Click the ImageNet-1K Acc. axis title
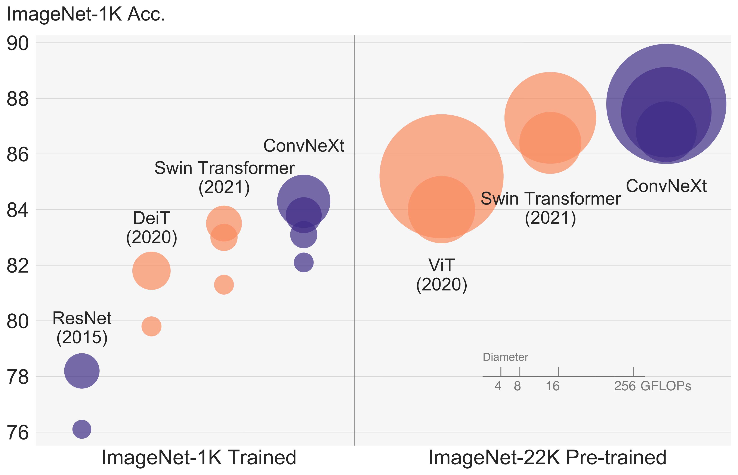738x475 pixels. tap(86, 14)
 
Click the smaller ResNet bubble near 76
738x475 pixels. tap(82, 429)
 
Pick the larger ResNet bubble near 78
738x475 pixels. tap(82, 371)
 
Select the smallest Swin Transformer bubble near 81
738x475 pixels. tap(224, 284)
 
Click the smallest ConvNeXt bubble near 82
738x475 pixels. tap(304, 263)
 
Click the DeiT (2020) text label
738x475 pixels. tap(151, 228)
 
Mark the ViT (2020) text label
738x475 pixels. tap(442, 275)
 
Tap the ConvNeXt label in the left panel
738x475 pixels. tap(304, 146)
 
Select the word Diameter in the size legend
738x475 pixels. tap(505, 357)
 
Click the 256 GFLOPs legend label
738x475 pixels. tap(652, 386)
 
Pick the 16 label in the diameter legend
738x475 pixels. tap(552, 386)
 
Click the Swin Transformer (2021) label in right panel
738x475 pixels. tap(550, 208)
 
